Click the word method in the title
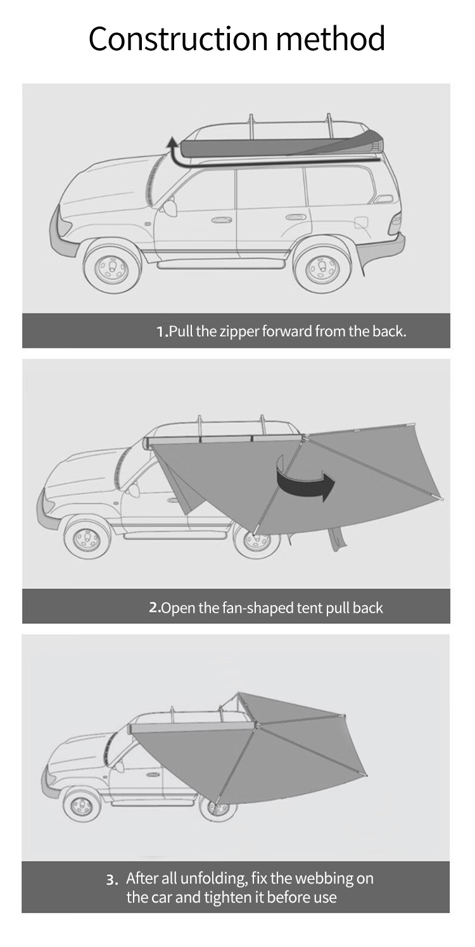pos(331,38)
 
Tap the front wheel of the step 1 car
pos(111,266)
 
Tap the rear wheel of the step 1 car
pos(321,266)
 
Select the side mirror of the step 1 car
pos(170,208)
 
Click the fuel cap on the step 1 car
pos(362,222)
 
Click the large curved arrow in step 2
pos(304,479)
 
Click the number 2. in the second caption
pos(155,608)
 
